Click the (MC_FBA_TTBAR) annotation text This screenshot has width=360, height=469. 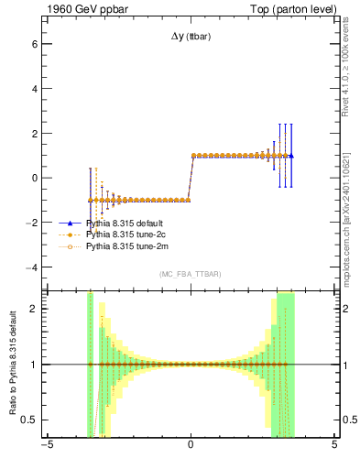click(x=191, y=274)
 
